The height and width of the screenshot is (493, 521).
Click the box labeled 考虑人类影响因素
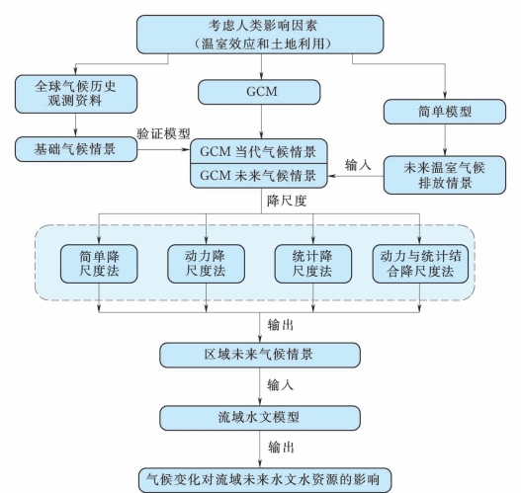260,35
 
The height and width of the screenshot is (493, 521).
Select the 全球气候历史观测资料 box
76,94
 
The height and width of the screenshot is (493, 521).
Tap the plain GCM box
259,92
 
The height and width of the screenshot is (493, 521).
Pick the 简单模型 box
445,112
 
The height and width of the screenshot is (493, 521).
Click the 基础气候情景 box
76,149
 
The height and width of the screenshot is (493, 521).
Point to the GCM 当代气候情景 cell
258,151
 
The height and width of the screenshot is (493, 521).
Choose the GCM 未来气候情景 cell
258,176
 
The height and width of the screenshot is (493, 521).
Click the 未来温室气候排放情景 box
445,175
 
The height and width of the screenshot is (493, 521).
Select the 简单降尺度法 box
99,264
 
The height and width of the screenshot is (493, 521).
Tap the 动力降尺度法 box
206,264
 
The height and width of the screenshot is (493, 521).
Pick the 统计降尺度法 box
313,264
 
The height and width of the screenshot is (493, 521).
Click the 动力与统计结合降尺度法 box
420,264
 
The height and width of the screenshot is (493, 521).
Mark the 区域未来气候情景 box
260,355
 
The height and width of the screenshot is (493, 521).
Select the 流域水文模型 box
260,418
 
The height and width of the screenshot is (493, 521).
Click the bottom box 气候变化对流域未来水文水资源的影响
265,480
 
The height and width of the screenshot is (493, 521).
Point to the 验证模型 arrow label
163,133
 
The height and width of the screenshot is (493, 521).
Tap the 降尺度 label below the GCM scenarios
287,201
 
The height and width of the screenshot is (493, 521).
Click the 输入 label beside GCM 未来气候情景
358,165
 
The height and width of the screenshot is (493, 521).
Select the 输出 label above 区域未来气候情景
281,325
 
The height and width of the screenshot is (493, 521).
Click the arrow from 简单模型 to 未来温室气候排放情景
445,140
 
